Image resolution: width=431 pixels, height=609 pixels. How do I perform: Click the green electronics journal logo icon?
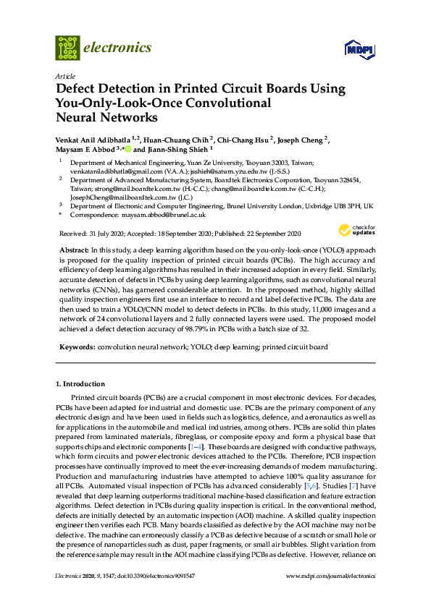click(x=67, y=48)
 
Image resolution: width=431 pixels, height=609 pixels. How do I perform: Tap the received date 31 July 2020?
click(x=111, y=234)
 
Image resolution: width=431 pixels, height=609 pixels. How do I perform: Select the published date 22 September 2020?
click(x=270, y=234)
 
